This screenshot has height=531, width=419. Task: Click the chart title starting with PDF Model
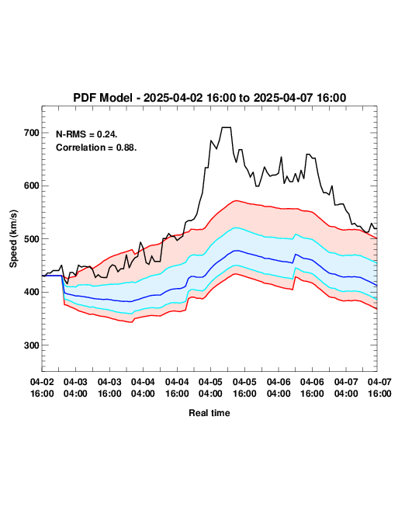coord(209,98)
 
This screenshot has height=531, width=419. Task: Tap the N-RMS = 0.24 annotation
coord(86,134)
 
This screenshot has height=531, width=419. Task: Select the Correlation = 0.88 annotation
coord(96,147)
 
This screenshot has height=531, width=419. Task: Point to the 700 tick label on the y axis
coord(32,133)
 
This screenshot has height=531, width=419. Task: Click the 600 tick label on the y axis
coord(32,186)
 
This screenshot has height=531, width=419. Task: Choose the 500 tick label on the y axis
coord(32,239)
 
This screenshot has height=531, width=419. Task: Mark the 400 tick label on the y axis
coord(32,292)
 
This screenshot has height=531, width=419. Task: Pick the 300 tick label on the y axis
coord(32,345)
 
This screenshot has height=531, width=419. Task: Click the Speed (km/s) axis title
coord(13,239)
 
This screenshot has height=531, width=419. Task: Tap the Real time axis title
coord(209,413)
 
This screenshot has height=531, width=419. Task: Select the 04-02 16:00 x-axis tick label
coord(42,387)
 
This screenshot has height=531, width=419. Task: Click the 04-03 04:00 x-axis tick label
coord(75,387)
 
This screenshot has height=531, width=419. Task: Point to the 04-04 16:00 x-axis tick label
coord(177,387)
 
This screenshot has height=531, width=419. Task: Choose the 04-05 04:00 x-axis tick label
coord(210,387)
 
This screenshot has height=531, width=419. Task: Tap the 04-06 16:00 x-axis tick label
coord(312,387)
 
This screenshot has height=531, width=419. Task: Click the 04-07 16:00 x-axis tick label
coord(379,387)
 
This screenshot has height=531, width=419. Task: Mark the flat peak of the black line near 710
coord(227,127)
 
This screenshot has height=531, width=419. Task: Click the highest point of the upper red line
coord(236,200)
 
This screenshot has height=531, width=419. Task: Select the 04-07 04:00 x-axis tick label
coord(346,387)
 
